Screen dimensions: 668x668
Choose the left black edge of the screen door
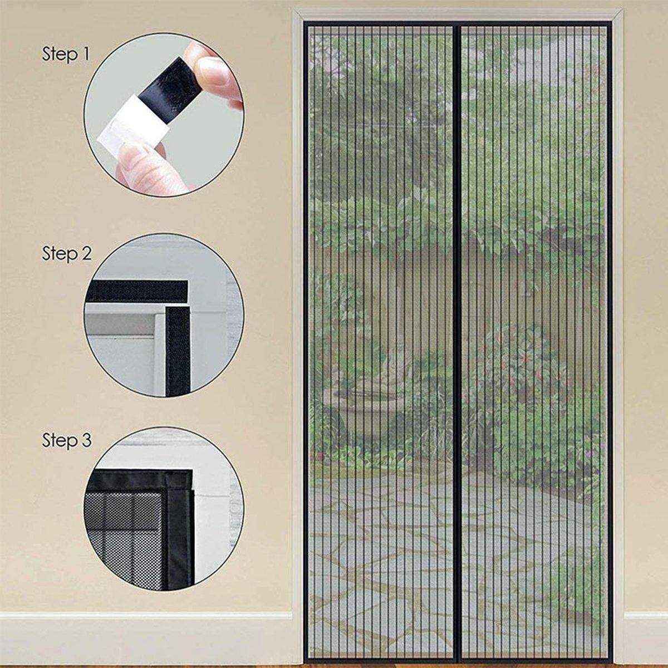coord(307,334)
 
